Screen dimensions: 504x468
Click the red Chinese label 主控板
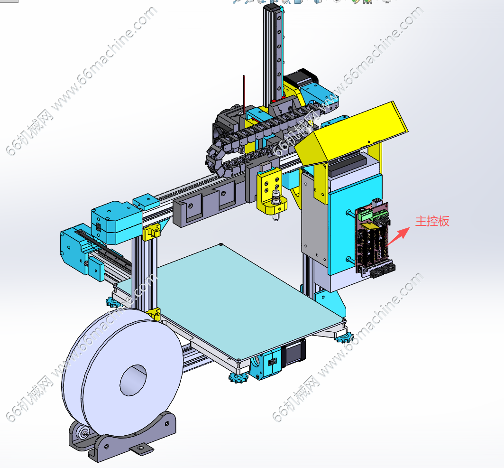[x=432, y=222]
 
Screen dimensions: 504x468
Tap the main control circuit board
[x=374, y=238]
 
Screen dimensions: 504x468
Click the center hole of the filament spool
[x=133, y=380]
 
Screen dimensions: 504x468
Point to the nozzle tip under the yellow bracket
[x=276, y=219]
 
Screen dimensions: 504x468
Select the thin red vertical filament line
[x=244, y=94]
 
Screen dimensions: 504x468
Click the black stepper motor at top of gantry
[x=300, y=79]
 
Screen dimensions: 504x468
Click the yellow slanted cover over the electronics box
[x=350, y=132]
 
